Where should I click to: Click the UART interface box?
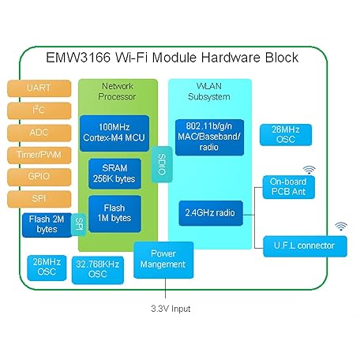click(x=39, y=88)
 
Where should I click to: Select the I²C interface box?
click(x=39, y=110)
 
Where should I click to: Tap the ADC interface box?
click(x=39, y=132)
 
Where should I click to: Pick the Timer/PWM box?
click(x=39, y=154)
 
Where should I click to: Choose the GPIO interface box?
click(x=39, y=176)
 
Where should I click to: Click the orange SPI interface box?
click(x=39, y=197)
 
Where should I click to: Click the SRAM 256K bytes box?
click(x=115, y=173)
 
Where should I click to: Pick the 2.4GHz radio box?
click(x=210, y=212)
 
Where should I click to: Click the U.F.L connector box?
click(x=304, y=246)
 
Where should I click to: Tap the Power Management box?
click(x=162, y=260)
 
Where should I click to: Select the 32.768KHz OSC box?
click(x=98, y=268)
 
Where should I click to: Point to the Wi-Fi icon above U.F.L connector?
click(x=340, y=227)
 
